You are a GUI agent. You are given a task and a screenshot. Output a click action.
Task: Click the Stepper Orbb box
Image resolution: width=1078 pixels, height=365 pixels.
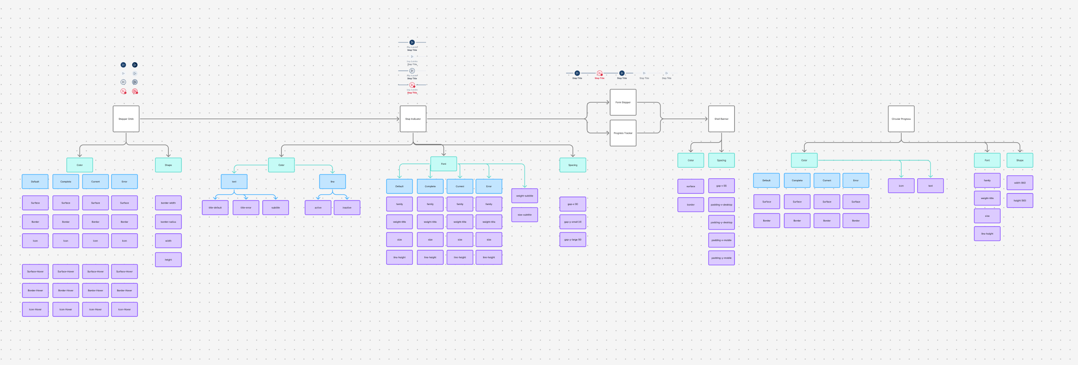(126, 119)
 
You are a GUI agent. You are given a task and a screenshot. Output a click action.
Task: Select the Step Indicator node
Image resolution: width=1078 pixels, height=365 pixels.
(413, 119)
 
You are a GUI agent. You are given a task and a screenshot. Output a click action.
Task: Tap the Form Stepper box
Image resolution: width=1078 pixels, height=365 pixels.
(623, 102)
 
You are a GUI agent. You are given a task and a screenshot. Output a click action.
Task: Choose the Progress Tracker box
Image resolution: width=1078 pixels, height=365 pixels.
(623, 133)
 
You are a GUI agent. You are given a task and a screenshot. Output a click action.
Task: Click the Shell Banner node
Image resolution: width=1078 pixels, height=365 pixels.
(721, 119)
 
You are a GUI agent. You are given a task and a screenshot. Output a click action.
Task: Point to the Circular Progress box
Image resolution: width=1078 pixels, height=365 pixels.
(901, 119)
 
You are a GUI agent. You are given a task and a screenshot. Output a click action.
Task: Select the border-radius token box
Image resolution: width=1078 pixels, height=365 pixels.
(168, 222)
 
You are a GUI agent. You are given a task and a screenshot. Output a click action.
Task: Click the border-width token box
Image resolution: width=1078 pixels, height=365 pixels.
(168, 203)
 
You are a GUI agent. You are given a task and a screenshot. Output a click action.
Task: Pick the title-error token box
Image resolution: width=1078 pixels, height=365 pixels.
(246, 207)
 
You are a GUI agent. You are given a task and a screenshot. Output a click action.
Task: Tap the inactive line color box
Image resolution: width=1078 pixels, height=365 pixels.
(347, 207)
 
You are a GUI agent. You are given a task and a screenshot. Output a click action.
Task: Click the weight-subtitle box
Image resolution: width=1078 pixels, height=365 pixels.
(525, 196)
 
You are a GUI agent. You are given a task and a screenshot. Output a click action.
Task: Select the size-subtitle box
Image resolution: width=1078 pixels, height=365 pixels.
(525, 215)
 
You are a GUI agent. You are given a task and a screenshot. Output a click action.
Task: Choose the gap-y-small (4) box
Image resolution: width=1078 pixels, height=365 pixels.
(573, 222)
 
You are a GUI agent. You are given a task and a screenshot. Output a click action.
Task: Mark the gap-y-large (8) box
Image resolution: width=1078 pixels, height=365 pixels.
(573, 240)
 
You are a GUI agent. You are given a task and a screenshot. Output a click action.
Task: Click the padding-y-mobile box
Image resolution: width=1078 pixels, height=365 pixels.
(721, 258)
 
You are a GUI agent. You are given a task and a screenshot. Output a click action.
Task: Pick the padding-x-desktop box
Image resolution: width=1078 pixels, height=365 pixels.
(721, 205)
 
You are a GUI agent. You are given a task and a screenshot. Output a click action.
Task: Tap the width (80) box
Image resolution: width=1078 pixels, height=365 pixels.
(1020, 183)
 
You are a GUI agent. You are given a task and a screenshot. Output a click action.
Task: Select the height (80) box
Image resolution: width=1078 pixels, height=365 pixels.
(1020, 201)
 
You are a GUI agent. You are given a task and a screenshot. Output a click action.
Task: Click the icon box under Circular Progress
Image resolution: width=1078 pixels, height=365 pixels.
(901, 186)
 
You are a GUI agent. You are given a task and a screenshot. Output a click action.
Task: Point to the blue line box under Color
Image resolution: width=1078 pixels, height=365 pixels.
(333, 182)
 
